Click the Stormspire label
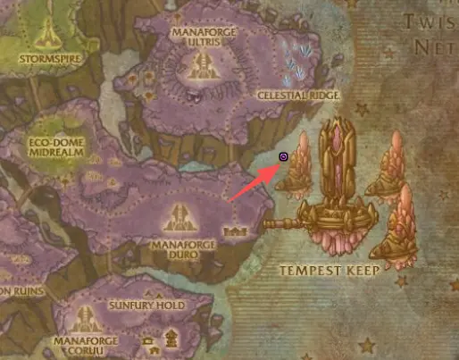pos(42,59)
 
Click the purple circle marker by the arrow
pos(283,157)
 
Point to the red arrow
pos(254,183)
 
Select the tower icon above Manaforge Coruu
pos(87,318)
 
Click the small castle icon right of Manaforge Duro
pos(238,231)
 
